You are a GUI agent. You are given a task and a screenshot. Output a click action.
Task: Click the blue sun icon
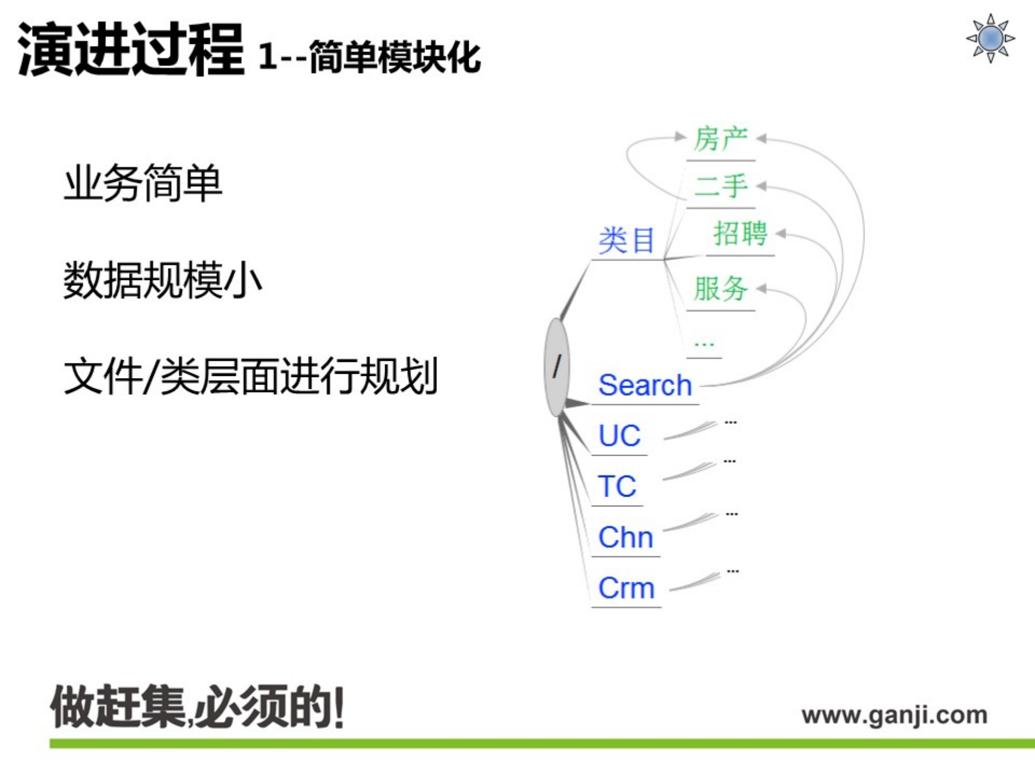click(990, 38)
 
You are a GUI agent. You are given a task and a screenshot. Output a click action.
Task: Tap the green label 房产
click(721, 139)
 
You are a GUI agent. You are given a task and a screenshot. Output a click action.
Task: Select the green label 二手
click(721, 186)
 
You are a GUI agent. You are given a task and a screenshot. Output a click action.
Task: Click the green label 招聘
click(740, 234)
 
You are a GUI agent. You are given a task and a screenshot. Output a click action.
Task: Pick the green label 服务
click(721, 289)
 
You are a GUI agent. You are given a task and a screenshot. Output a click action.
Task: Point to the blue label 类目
click(626, 240)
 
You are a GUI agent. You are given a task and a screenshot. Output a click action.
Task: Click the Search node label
click(645, 385)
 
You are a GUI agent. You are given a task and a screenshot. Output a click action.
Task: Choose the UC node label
click(620, 435)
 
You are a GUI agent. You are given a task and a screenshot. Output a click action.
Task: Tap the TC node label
click(618, 486)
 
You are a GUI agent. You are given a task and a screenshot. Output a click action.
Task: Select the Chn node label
click(626, 537)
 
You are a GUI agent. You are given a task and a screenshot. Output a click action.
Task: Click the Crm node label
click(626, 587)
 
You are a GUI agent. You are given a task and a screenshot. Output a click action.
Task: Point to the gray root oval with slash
click(557, 367)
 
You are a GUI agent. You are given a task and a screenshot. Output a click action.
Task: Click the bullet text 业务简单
click(143, 183)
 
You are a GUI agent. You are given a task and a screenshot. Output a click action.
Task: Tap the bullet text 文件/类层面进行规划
click(250, 376)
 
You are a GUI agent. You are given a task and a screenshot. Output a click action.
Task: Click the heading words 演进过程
click(131, 50)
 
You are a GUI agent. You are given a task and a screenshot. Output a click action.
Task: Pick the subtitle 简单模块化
click(395, 57)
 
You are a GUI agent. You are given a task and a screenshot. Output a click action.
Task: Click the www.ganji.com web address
click(894, 715)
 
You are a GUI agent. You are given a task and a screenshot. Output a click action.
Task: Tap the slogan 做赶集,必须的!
click(197, 707)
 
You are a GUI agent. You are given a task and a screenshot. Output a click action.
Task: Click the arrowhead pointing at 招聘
click(781, 234)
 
